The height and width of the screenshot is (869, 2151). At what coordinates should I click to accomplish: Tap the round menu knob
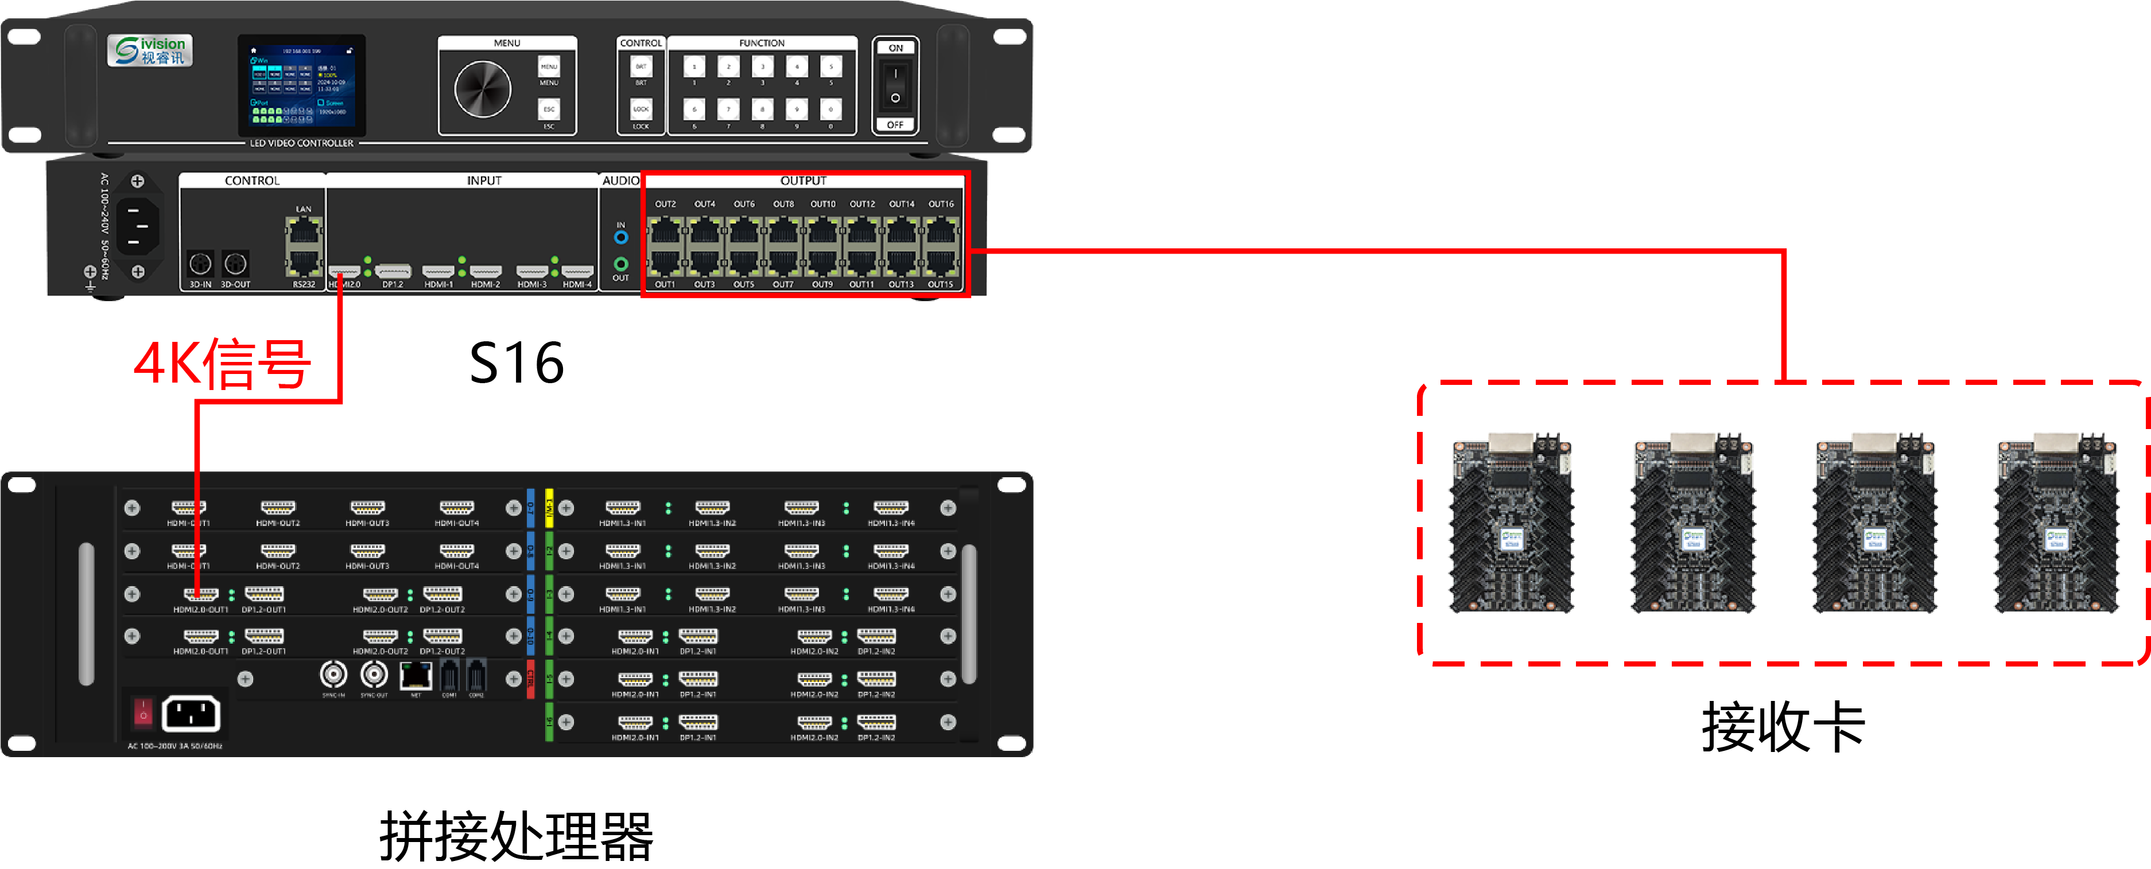tap(482, 89)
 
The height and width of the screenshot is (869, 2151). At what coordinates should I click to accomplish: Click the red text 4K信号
tap(222, 364)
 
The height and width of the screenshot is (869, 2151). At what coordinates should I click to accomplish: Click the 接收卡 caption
tap(1783, 726)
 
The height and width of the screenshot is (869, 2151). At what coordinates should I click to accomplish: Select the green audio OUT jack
tap(620, 264)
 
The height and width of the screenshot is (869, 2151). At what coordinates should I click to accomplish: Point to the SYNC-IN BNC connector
tap(333, 673)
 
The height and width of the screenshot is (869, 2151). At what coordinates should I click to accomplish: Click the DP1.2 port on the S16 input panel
tap(393, 271)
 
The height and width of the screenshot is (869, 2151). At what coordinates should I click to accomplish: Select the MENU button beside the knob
tap(549, 67)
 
